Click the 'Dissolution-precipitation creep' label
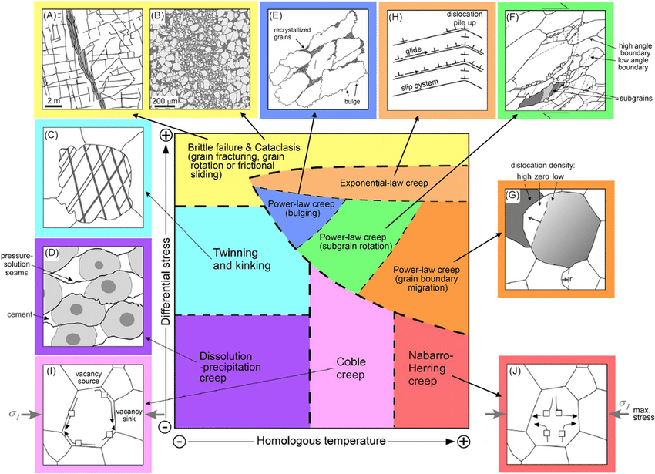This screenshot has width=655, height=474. point(240,368)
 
